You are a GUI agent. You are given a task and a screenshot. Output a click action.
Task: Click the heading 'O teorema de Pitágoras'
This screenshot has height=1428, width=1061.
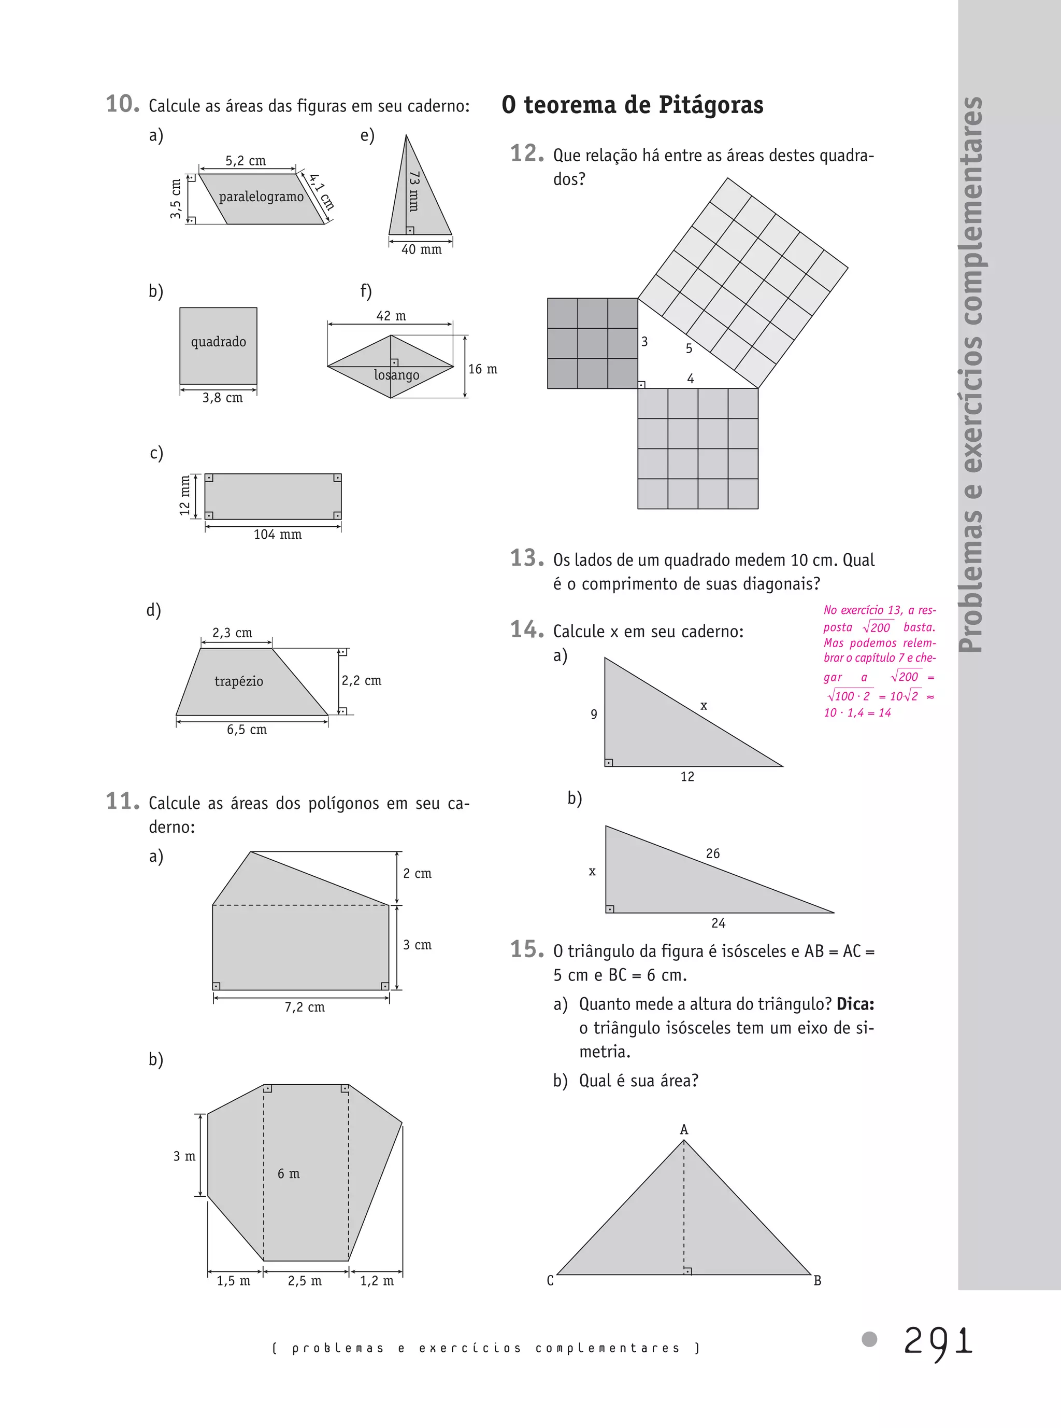pyautogui.click(x=632, y=105)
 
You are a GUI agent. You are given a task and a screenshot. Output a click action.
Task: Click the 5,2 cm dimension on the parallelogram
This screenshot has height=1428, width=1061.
pyautogui.click(x=246, y=161)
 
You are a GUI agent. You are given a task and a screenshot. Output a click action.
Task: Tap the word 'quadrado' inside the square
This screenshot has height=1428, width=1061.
pyautogui.click(x=219, y=342)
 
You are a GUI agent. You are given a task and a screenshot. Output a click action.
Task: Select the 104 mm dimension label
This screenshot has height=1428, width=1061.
pyautogui.click(x=278, y=535)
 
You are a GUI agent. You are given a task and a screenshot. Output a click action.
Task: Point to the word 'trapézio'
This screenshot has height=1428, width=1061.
pyautogui.click(x=239, y=681)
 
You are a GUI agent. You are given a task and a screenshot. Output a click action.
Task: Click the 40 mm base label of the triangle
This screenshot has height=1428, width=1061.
pyautogui.click(x=421, y=250)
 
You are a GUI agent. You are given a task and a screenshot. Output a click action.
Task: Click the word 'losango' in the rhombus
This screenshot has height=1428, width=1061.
pyautogui.click(x=396, y=375)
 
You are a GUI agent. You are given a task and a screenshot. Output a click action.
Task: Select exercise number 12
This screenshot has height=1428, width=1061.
pyautogui.click(x=527, y=154)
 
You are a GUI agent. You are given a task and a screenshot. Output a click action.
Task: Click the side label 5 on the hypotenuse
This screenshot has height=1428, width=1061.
pyautogui.click(x=689, y=349)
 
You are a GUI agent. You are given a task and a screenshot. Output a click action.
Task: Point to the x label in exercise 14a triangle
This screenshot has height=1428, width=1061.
pyautogui.click(x=704, y=706)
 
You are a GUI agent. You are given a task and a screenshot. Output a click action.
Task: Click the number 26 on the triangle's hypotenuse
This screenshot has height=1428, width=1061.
pyautogui.click(x=713, y=854)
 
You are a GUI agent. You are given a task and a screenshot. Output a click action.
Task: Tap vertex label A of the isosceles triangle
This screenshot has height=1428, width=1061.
pyautogui.click(x=684, y=1130)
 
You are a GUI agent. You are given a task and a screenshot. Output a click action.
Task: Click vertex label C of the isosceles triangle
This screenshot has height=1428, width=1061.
pyautogui.click(x=550, y=1281)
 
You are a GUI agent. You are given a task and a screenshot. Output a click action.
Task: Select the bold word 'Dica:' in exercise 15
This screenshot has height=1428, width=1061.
pyautogui.click(x=855, y=1004)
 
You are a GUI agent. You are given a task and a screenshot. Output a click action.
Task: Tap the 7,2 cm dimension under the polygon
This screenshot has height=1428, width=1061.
pyautogui.click(x=305, y=1007)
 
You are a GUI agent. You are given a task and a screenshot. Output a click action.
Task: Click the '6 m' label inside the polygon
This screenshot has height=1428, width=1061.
pyautogui.click(x=289, y=1174)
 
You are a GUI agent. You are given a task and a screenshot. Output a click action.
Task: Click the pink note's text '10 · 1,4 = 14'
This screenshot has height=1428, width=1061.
pyautogui.click(x=857, y=713)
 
